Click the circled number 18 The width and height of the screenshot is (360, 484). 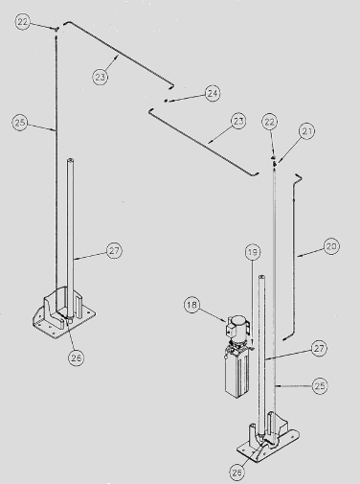click(x=191, y=305)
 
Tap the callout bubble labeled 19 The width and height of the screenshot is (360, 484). click(x=253, y=252)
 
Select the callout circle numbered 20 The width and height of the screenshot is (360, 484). click(x=331, y=246)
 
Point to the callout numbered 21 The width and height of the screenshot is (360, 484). click(x=307, y=131)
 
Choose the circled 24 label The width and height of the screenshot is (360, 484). click(x=213, y=93)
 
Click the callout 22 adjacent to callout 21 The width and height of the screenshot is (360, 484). click(x=270, y=122)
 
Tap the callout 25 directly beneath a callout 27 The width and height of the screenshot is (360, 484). click(x=320, y=386)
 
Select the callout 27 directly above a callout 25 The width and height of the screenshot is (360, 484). click(x=319, y=348)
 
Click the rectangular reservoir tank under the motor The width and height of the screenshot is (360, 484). click(x=237, y=374)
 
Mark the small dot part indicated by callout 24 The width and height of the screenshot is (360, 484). click(x=166, y=101)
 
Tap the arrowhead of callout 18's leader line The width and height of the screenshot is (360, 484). click(x=225, y=320)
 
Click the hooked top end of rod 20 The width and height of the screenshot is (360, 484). click(x=299, y=176)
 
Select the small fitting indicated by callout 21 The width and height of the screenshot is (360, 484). click(x=274, y=164)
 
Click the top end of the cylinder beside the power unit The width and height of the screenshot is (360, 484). click(x=261, y=276)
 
